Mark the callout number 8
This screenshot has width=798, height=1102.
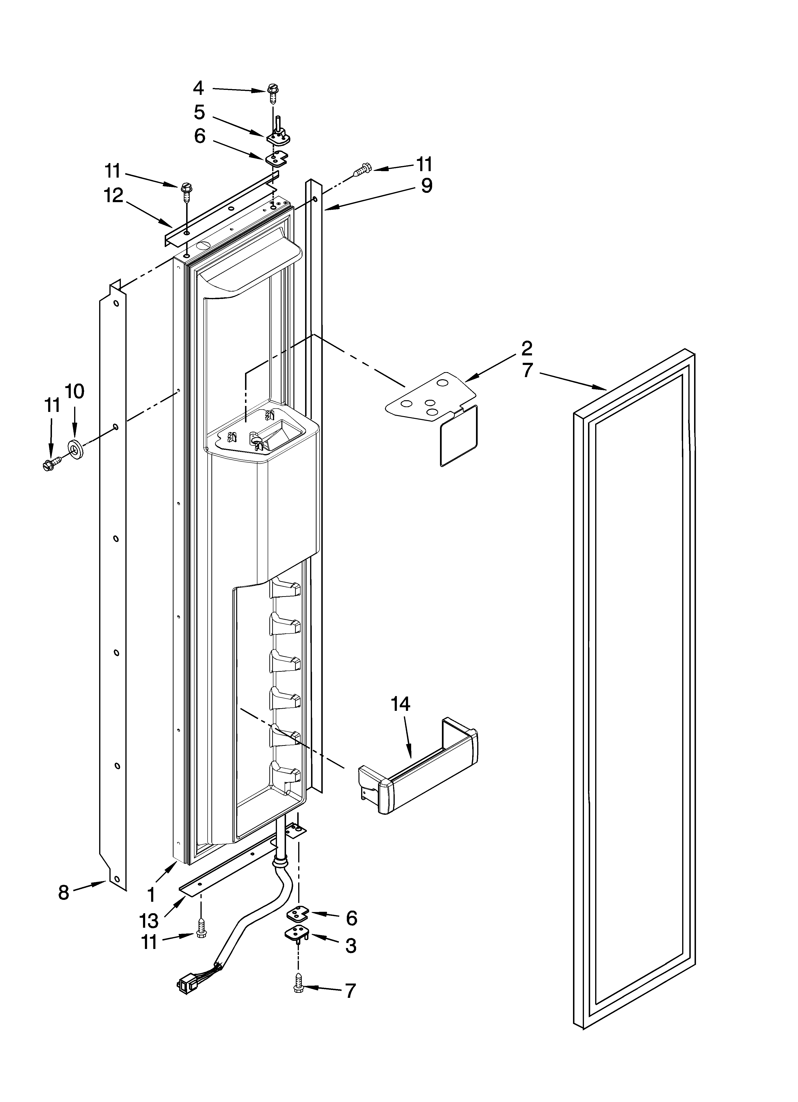coord(64,892)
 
